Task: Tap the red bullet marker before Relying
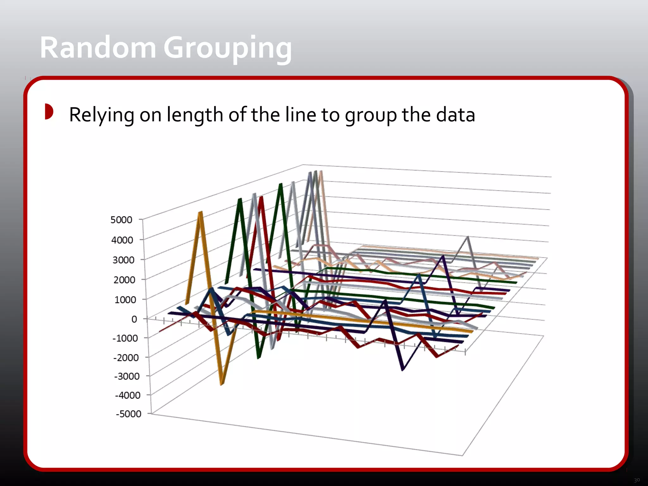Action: tap(49, 111)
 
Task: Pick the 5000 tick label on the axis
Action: tap(121, 220)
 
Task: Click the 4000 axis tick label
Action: tap(122, 240)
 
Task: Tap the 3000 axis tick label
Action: tap(123, 260)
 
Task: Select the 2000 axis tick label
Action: tap(124, 280)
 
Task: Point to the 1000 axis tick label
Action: tap(125, 299)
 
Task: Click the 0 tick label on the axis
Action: tap(134, 319)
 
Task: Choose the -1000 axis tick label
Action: tap(125, 338)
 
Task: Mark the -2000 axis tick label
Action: tap(126, 358)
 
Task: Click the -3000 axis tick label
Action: tap(127, 376)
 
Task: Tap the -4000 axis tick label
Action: tap(128, 395)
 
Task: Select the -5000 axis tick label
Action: tap(128, 414)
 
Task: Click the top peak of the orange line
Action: tap(200, 213)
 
